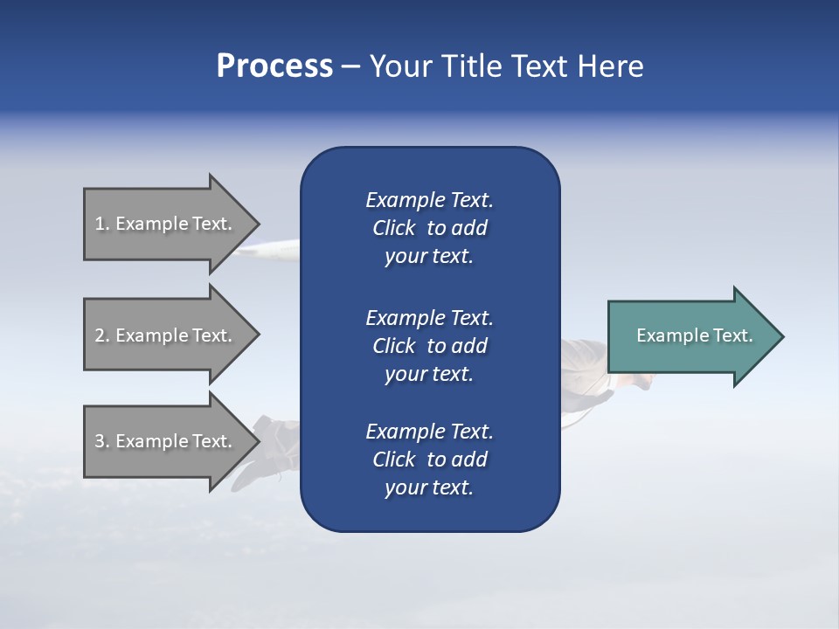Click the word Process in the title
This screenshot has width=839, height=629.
pyautogui.click(x=274, y=66)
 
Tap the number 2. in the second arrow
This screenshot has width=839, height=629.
pyautogui.click(x=102, y=335)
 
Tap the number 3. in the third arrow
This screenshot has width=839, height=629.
pyautogui.click(x=102, y=441)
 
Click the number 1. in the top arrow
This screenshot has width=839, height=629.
pyautogui.click(x=102, y=224)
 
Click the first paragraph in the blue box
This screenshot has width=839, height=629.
pyautogui.click(x=429, y=228)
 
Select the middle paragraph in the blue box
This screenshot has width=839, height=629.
pyautogui.click(x=429, y=345)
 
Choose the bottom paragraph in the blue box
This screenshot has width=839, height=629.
pyautogui.click(x=429, y=460)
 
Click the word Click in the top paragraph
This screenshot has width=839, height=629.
pyautogui.click(x=393, y=228)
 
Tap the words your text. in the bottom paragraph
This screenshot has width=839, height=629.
pyautogui.click(x=429, y=487)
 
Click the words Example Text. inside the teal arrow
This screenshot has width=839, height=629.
pyautogui.click(x=695, y=335)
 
